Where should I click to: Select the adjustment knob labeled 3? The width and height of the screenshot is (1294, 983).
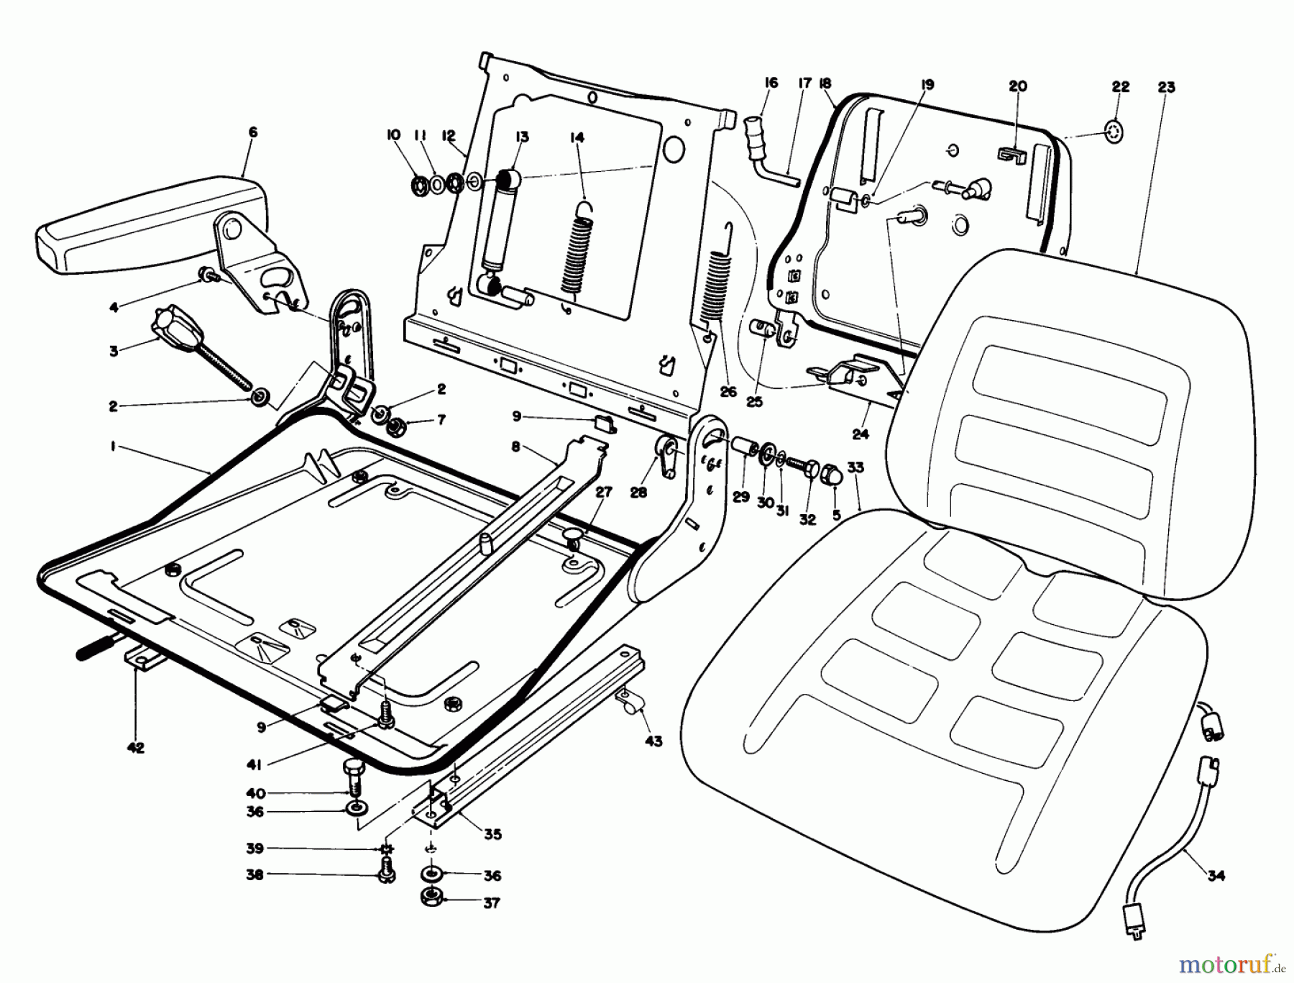point(171,330)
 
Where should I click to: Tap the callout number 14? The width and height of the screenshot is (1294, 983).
point(577,137)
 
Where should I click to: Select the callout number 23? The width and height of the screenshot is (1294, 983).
point(1166,88)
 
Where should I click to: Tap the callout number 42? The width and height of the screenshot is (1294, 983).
point(135,748)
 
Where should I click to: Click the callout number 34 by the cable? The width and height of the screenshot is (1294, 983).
point(1215,876)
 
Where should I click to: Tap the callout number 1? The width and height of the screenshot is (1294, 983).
point(114,447)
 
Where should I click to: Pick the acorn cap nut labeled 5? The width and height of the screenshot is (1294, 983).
point(832,474)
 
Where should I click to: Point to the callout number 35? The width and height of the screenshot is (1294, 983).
point(492,835)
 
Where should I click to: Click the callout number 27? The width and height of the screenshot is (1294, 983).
point(604,492)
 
